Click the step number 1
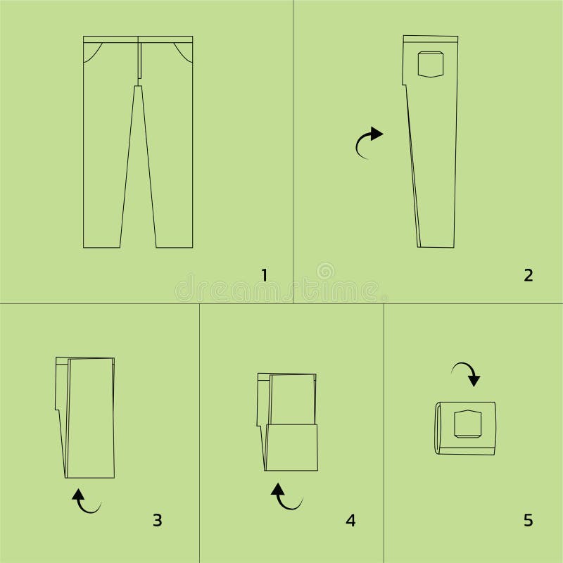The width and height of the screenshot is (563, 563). [265, 274]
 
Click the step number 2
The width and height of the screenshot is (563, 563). [529, 274]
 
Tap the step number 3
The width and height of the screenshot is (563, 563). [157, 520]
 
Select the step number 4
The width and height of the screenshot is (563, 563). [350, 520]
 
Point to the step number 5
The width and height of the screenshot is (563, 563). [529, 520]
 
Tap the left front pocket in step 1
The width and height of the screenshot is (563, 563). [92, 52]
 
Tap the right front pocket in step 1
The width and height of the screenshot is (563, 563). [183, 52]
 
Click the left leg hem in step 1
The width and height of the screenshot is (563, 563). [102, 246]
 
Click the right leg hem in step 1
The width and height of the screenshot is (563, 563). [174, 246]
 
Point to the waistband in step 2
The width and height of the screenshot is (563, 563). [430, 39]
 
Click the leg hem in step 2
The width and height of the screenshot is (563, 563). [436, 246]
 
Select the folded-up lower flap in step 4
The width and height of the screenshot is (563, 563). [291, 448]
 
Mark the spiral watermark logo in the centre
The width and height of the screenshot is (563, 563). [325, 270]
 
